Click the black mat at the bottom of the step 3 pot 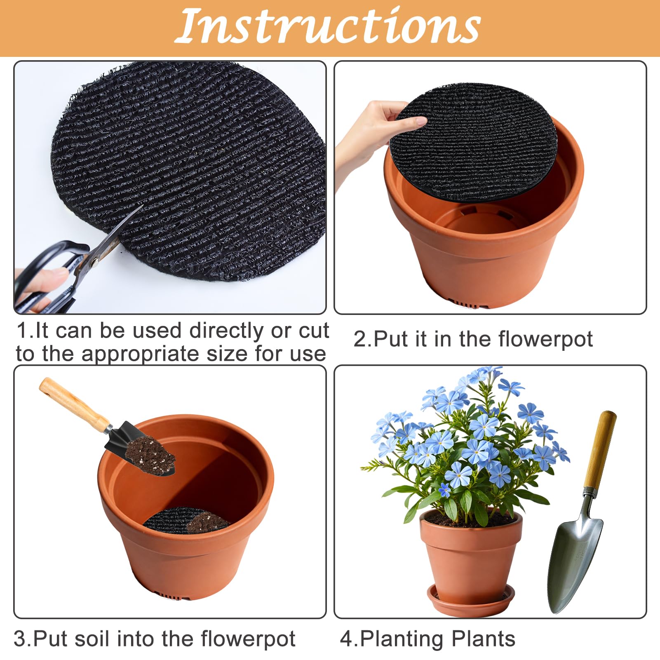tap(173, 520)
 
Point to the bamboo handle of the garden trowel tap(600, 449)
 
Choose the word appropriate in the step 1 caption tap(140, 355)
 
